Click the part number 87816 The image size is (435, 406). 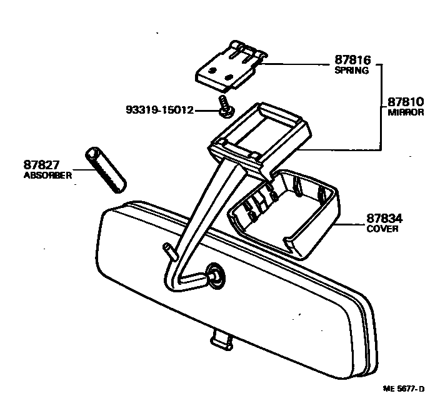tap(354, 61)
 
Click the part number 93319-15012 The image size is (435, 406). tap(160, 111)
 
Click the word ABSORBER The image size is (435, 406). tap(47, 176)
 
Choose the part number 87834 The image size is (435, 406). tap(384, 219)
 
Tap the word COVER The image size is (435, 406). tap(382, 229)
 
